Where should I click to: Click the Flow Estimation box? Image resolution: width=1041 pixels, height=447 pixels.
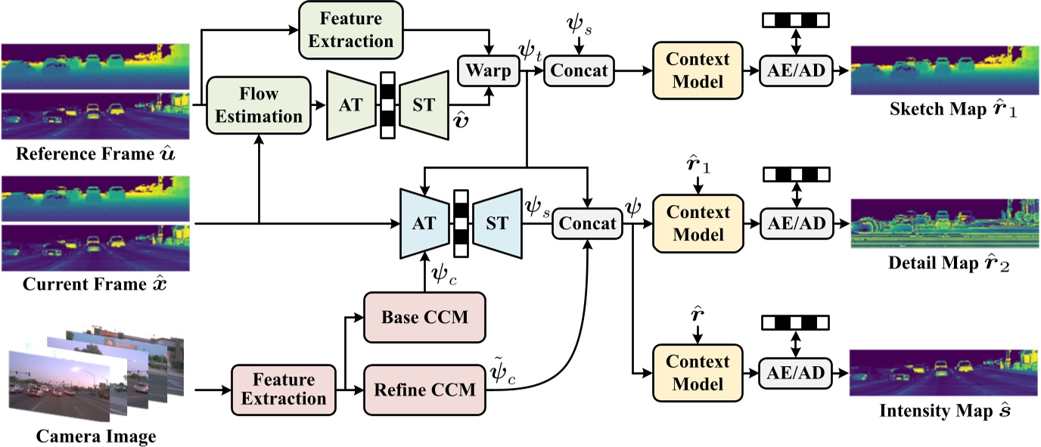259,105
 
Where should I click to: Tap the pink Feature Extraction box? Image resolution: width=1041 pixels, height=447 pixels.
284,387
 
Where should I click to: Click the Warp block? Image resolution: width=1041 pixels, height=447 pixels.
486,71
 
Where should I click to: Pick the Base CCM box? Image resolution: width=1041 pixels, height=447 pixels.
424,316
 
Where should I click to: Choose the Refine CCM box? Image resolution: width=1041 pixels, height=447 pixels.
424,390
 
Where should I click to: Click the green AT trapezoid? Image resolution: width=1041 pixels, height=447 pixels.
350,104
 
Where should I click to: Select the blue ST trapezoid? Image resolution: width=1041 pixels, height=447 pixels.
497,223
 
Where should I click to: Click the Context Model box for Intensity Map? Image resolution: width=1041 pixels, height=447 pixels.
691,371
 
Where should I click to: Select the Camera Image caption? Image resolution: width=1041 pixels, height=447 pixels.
95,436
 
